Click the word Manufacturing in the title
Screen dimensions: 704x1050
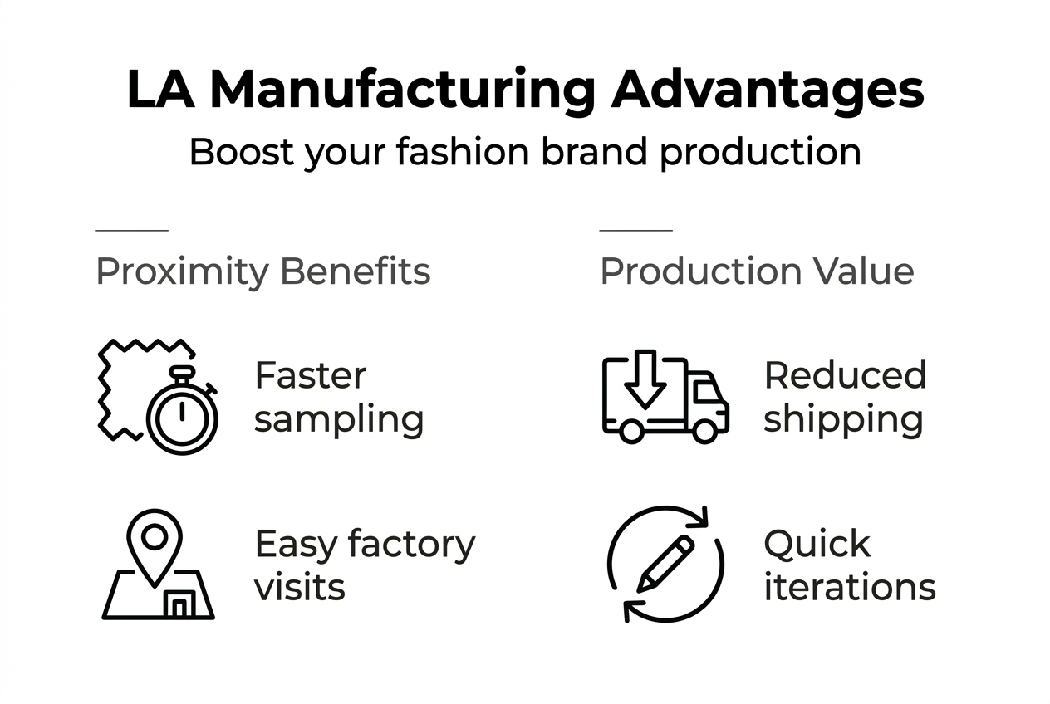402,90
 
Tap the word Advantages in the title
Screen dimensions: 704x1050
767,90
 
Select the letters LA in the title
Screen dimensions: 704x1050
160,90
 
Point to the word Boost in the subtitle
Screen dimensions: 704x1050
241,153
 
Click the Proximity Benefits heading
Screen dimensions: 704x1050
263,271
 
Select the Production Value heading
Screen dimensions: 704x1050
757,271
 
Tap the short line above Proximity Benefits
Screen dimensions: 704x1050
131,230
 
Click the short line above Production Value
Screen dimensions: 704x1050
635,230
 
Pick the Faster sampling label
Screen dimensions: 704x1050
339,397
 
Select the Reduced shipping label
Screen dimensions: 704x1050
845,397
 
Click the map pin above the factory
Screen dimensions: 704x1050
155,541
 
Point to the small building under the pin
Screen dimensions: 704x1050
179,604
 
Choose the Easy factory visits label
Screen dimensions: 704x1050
365,565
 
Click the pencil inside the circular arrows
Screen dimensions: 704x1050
665,563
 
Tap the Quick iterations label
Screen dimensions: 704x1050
849,565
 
